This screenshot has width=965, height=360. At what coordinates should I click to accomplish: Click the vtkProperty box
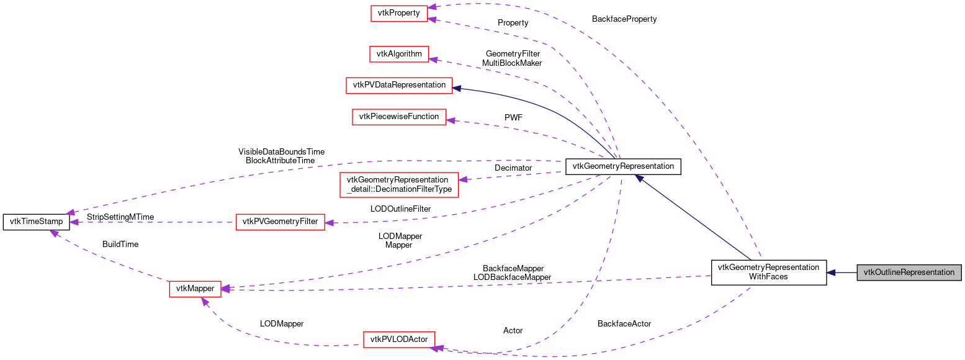click(399, 13)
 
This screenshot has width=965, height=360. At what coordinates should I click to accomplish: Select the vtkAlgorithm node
click(399, 54)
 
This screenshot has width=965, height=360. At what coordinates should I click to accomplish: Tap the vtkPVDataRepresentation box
click(398, 85)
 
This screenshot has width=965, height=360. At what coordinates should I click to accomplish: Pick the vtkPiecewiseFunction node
click(399, 116)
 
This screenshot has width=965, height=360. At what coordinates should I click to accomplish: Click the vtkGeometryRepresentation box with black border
click(623, 166)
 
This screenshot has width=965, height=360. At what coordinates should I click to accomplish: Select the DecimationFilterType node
click(399, 184)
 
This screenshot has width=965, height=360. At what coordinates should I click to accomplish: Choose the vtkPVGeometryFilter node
click(281, 222)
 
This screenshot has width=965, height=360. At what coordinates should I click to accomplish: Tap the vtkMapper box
click(195, 289)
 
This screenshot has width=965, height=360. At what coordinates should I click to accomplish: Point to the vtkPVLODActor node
click(399, 340)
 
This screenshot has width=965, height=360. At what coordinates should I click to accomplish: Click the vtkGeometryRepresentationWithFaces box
click(768, 272)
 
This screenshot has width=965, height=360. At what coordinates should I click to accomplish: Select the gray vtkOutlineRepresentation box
click(909, 272)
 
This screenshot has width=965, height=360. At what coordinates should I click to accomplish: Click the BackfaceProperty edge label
click(624, 19)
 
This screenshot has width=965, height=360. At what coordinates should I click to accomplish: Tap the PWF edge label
click(514, 117)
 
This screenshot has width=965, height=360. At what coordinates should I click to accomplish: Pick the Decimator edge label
click(513, 168)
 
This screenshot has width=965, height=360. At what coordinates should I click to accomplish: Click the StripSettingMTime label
click(120, 217)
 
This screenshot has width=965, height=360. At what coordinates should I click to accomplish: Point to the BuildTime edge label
click(120, 244)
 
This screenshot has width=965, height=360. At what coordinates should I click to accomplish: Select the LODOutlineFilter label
click(400, 209)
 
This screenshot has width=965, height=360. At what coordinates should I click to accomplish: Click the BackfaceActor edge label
click(624, 323)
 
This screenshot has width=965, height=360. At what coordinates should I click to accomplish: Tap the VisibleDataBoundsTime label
click(281, 151)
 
